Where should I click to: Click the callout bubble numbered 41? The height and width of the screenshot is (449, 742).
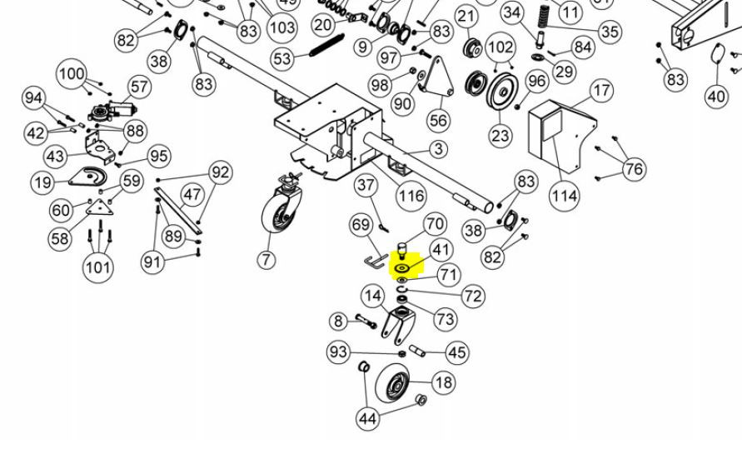(x=441, y=249)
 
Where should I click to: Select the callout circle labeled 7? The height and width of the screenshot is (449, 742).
(x=266, y=259)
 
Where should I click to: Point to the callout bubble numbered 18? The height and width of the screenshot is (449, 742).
(x=444, y=382)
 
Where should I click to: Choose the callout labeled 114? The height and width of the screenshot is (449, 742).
(x=565, y=196)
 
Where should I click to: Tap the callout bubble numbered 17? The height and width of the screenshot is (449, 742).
(x=601, y=90)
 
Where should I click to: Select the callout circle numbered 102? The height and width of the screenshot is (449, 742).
(x=500, y=46)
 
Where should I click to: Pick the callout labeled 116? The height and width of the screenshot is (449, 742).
(x=411, y=197)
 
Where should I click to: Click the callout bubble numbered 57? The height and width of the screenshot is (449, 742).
(x=139, y=87)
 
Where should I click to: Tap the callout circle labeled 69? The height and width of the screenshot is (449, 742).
(x=361, y=226)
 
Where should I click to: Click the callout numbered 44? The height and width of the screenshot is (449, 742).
(x=368, y=418)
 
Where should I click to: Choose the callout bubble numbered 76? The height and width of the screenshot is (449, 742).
(x=635, y=170)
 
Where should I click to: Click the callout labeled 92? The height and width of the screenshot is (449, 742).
(x=220, y=173)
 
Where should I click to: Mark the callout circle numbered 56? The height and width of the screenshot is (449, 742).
(x=438, y=121)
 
